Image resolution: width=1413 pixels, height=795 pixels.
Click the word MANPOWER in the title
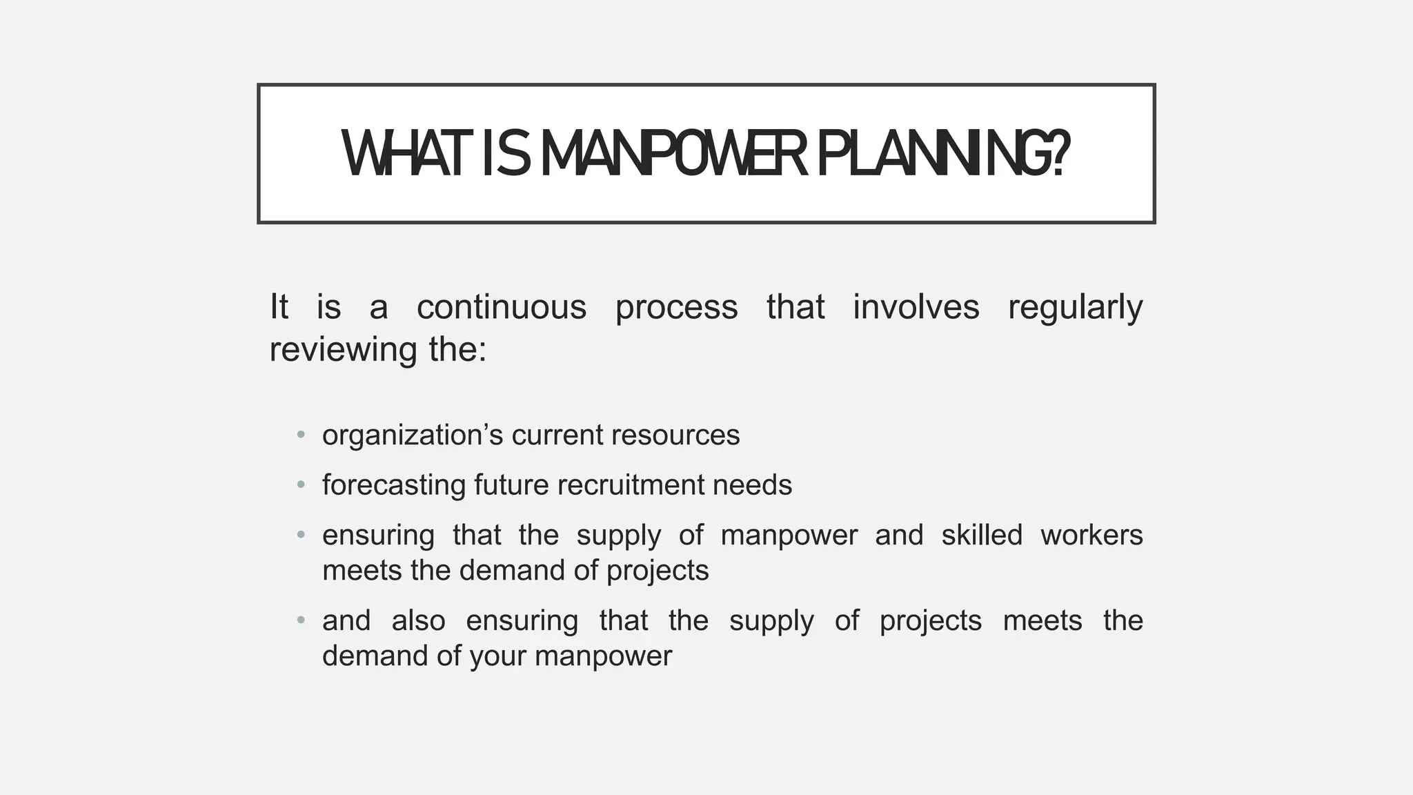(673, 155)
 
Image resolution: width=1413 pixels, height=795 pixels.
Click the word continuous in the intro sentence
(502, 307)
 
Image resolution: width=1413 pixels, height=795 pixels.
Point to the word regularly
(1075, 307)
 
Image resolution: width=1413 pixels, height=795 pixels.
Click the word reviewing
(343, 350)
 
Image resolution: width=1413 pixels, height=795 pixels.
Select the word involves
(916, 307)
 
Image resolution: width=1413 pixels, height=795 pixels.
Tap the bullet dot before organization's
(301, 435)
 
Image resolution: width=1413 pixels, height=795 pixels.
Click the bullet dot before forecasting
(301, 485)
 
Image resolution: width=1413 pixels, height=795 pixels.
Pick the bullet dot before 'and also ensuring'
(301, 620)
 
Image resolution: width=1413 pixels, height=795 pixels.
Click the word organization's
(412, 435)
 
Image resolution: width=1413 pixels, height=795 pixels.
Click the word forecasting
(394, 485)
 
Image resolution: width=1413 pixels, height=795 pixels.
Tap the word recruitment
(631, 485)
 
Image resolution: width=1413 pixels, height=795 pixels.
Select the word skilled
(981, 536)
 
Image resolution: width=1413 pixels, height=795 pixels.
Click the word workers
(1091, 536)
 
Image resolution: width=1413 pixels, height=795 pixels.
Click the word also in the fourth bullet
(418, 620)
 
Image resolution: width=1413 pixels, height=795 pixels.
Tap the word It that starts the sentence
(279, 307)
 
